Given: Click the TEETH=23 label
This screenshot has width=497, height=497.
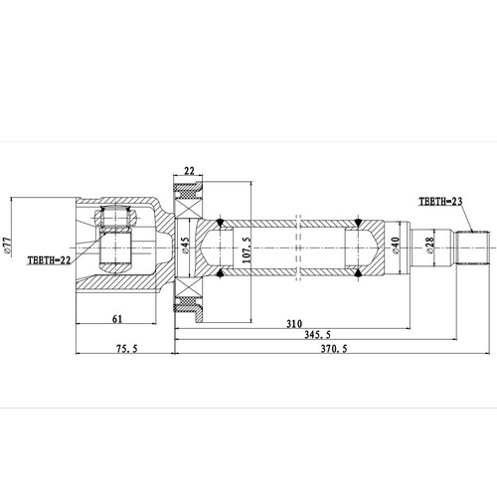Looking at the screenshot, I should click(x=440, y=200).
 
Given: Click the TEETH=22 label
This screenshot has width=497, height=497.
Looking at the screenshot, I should click(x=48, y=259).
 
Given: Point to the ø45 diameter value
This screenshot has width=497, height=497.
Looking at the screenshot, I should click(x=185, y=247).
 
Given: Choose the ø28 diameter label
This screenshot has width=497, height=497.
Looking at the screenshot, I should click(x=429, y=246).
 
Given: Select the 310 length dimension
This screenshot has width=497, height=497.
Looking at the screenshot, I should click(x=293, y=324).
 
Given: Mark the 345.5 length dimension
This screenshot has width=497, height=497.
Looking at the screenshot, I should click(x=319, y=337).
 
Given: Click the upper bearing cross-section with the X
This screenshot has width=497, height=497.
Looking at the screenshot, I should click(x=189, y=191).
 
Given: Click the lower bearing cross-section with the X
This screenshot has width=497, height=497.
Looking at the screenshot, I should click(x=189, y=302).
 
